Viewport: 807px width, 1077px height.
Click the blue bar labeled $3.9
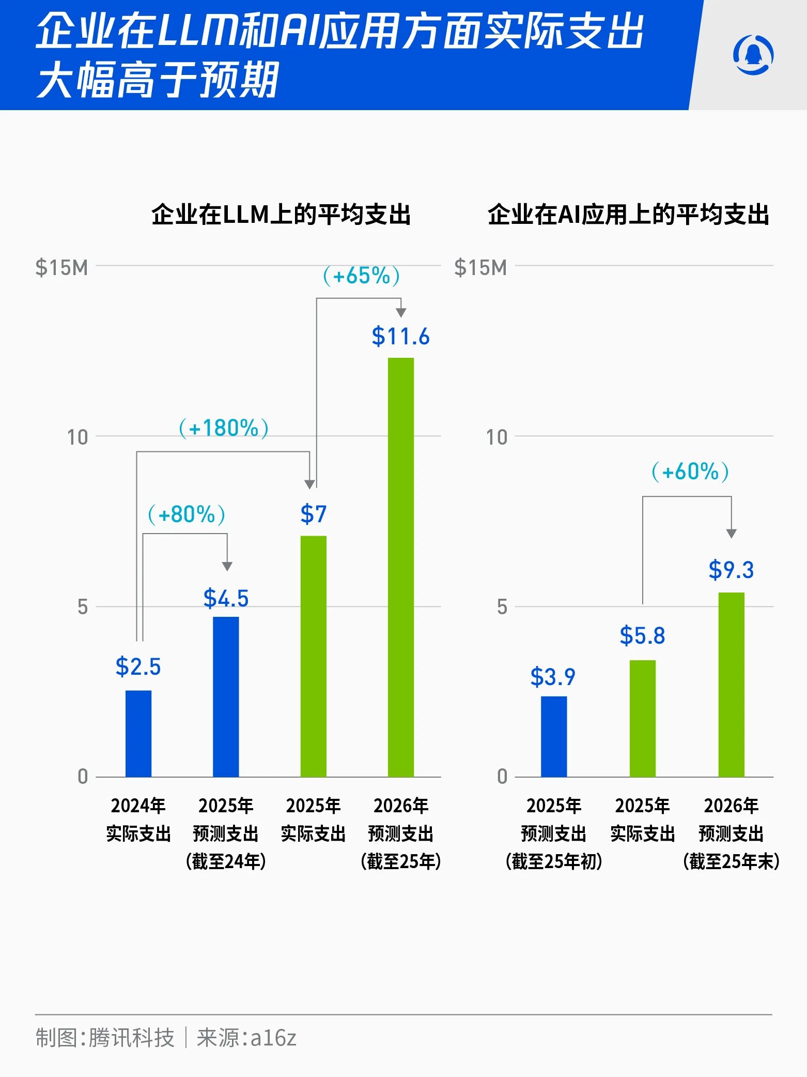(554, 736)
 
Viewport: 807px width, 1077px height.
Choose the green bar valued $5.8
(642, 718)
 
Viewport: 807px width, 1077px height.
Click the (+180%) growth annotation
(224, 428)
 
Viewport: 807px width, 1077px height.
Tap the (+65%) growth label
(361, 276)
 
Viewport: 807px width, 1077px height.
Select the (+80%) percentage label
(187, 514)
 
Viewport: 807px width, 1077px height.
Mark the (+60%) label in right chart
(690, 472)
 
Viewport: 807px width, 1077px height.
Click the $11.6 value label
(400, 337)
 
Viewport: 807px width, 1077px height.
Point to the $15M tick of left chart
(61, 268)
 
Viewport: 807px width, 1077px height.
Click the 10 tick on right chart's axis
(496, 437)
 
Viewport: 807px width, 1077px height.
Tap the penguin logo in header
(753, 55)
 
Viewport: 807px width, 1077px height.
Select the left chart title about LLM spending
(281, 215)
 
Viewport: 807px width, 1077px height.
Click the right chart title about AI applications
(628, 215)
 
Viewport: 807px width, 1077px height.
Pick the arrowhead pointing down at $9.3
(731, 534)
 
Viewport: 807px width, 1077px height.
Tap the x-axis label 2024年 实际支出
(138, 820)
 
